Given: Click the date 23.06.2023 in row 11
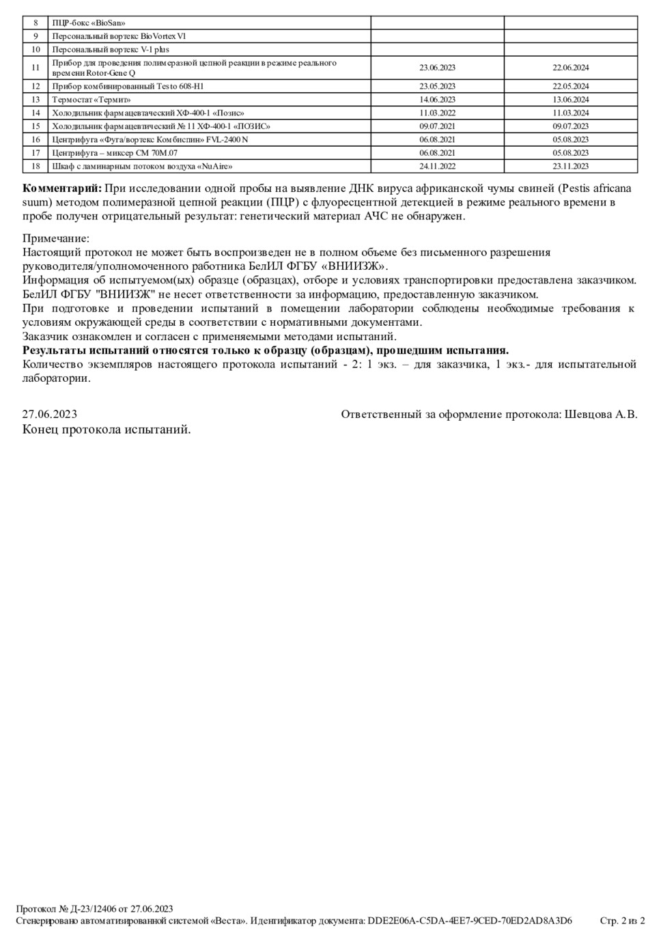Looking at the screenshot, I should (437, 68).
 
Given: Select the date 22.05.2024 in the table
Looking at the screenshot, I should (570, 86).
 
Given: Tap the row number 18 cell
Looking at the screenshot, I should (36, 166).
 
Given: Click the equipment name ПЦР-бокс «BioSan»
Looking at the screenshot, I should (89, 23).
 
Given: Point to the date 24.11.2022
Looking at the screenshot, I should (437, 166).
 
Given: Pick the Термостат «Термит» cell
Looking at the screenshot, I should (91, 100).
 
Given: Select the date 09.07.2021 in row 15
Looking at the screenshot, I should (437, 126).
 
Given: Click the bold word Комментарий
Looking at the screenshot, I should (62, 188).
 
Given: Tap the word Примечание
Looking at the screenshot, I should (55, 238).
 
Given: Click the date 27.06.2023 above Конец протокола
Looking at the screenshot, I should (49, 414).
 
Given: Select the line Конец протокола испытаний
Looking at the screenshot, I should (107, 430).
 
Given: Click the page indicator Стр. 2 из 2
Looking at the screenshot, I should (622, 921).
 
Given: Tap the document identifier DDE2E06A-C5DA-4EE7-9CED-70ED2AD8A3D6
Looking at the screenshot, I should (470, 921).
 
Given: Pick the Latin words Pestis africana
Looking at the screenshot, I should (597, 188).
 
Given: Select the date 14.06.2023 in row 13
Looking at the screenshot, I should (437, 100).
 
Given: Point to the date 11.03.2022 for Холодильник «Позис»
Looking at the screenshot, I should (437, 113).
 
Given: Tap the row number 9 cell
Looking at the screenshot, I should (36, 36).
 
